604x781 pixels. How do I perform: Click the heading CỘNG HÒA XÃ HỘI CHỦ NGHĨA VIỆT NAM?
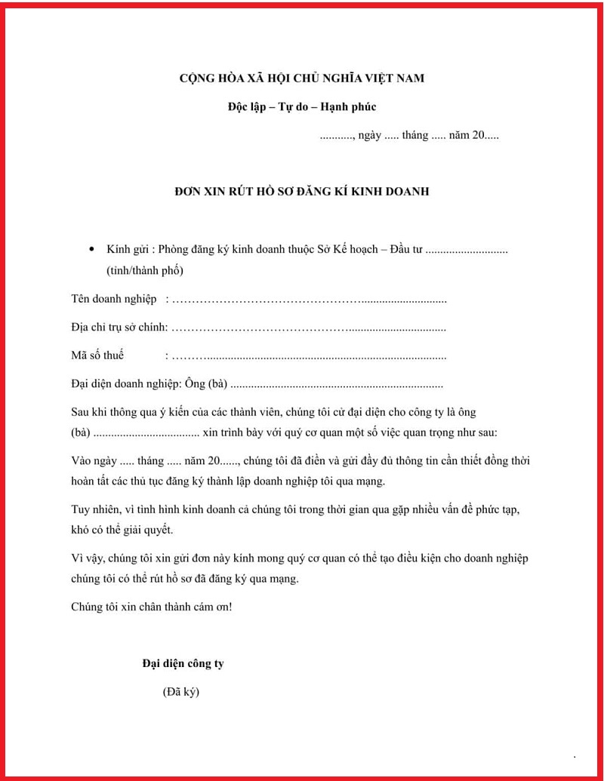(301, 78)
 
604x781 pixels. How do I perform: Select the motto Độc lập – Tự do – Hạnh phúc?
(301, 107)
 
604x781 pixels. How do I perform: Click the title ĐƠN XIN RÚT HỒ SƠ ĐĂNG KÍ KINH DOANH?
(301, 192)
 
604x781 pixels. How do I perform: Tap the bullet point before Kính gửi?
(91, 249)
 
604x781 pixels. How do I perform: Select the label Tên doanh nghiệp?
(114, 300)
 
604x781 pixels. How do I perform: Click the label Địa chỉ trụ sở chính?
(119, 328)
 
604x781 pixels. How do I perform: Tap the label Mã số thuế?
(97, 355)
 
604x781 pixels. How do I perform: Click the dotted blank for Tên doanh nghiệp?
(310, 300)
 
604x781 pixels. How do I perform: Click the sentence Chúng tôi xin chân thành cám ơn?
(151, 607)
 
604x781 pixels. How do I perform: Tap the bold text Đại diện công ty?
(183, 663)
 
